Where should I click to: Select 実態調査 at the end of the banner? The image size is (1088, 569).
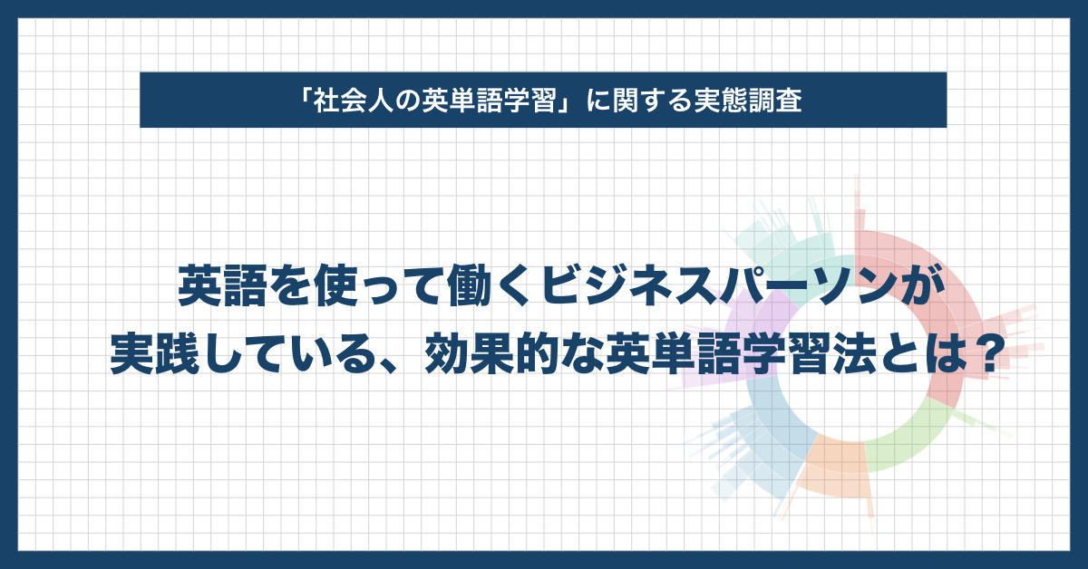click(749, 101)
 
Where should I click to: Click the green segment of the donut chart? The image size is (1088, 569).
click(908, 437)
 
